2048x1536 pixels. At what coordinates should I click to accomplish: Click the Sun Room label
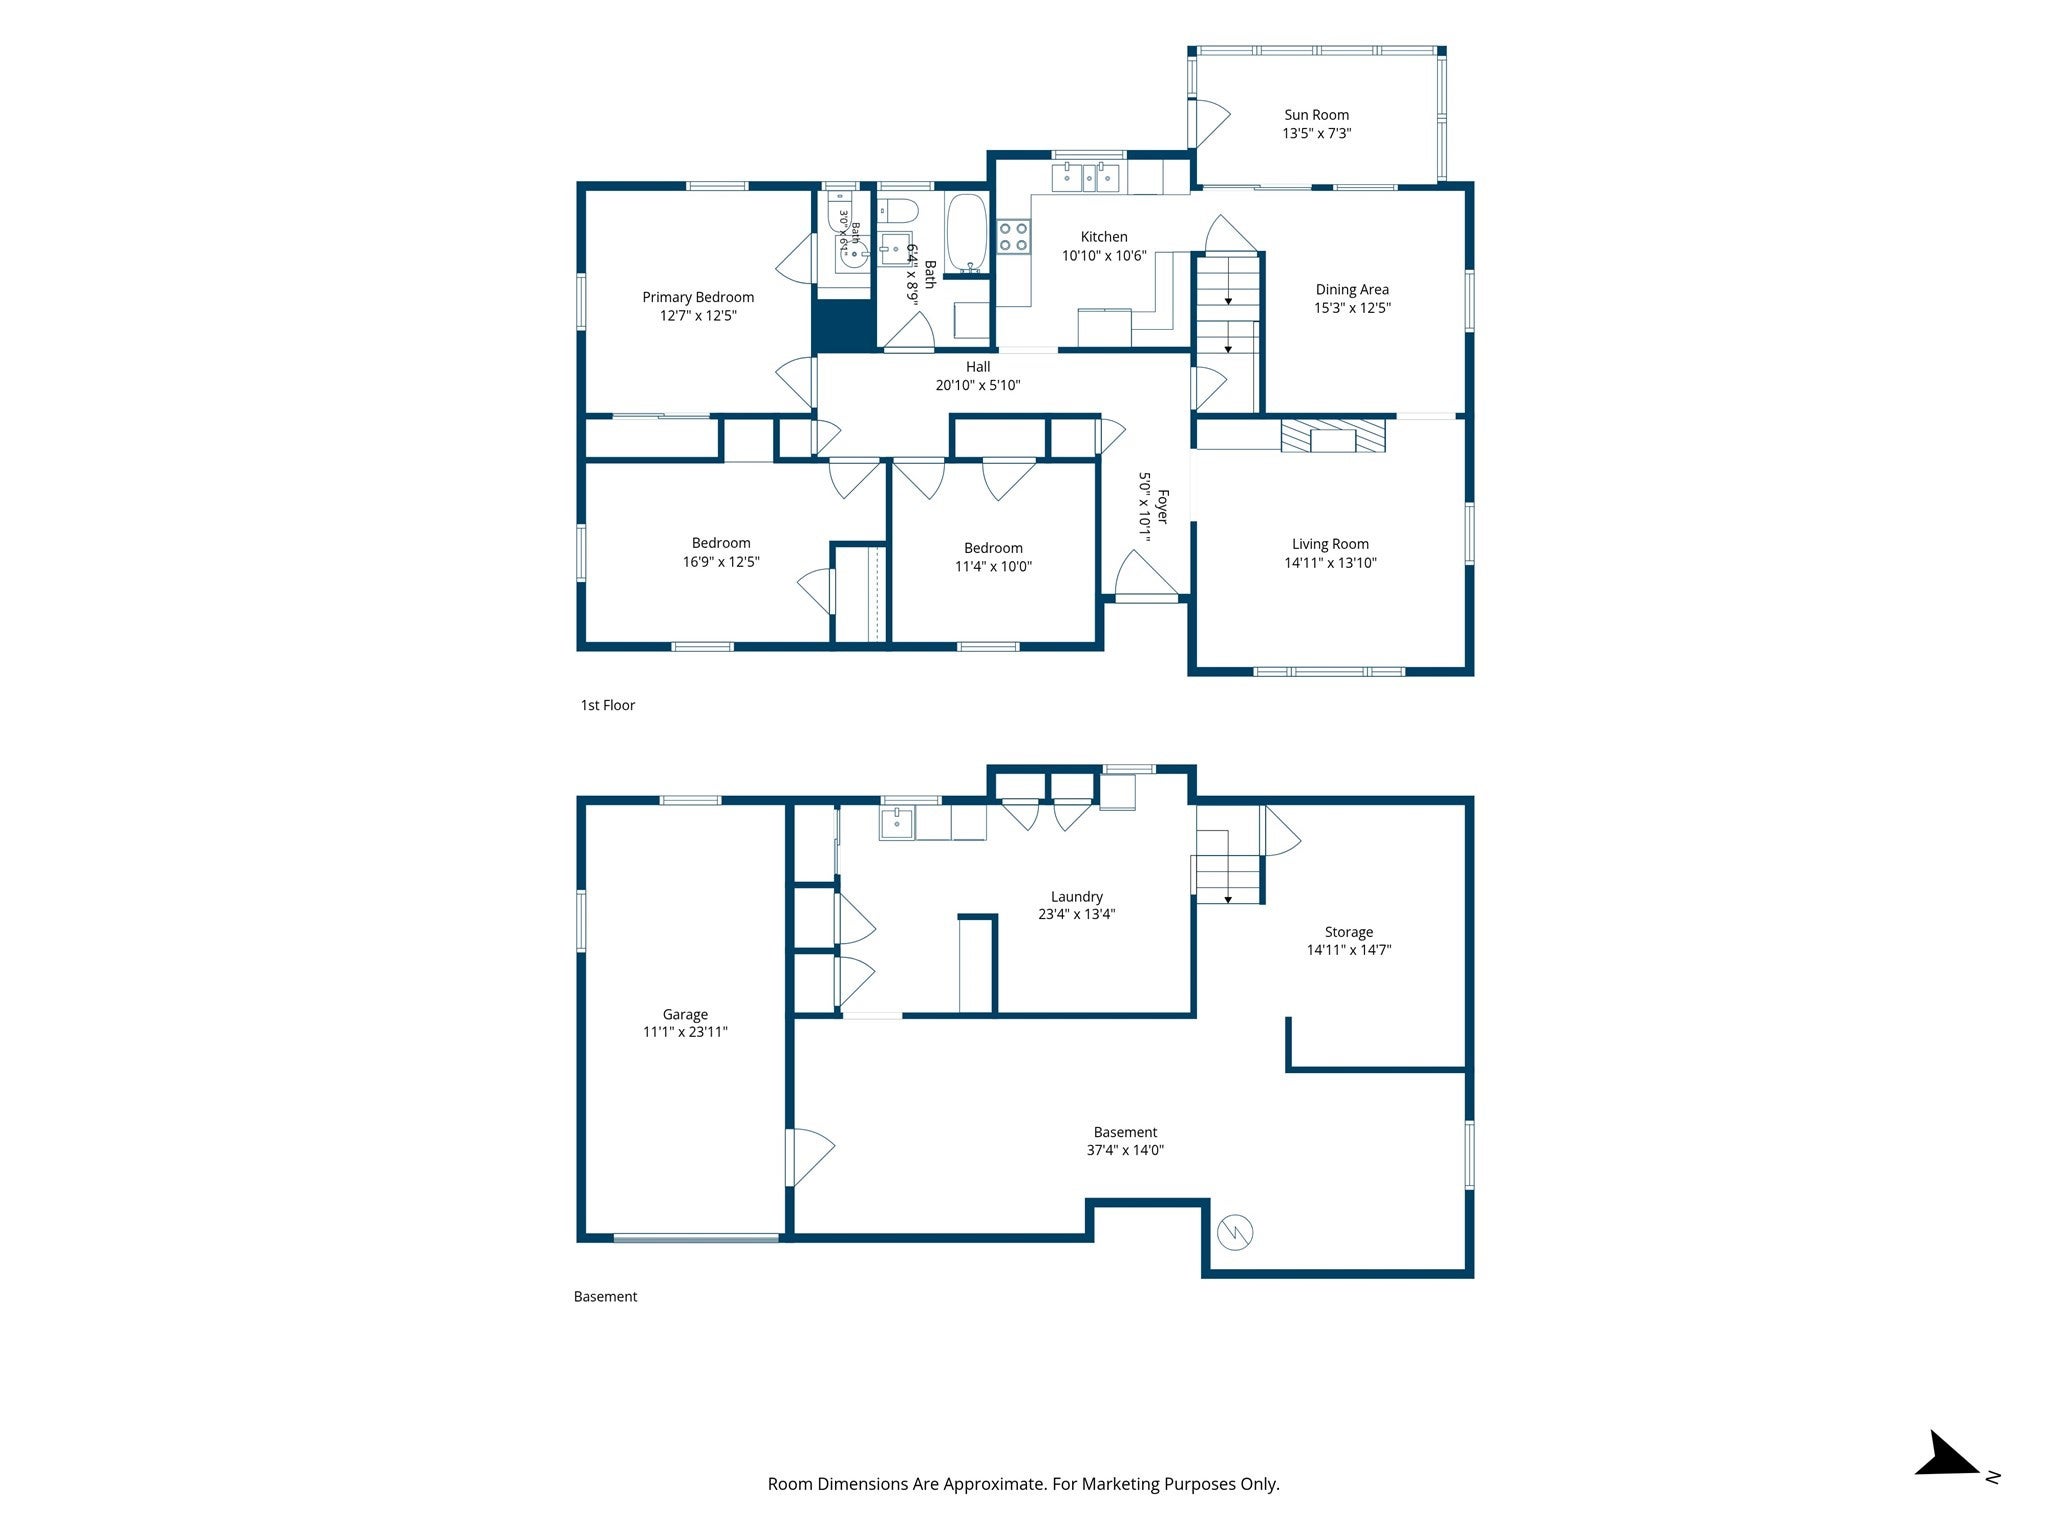1316,115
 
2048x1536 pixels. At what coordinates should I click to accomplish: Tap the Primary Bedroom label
698,297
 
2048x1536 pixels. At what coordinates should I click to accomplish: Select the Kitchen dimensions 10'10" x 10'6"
1104,255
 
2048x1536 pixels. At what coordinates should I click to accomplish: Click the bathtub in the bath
967,233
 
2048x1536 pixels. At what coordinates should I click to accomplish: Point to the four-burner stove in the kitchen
1013,236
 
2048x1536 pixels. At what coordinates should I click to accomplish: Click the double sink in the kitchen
1085,177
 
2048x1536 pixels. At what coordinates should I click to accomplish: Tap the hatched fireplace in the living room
1333,436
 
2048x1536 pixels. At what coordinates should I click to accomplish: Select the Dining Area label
1352,290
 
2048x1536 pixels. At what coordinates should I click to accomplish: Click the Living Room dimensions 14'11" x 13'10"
1330,563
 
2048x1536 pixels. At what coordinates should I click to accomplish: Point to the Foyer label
1162,506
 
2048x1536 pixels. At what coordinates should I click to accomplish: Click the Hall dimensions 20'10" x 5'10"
978,385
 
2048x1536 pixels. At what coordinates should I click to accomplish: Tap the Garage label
685,1014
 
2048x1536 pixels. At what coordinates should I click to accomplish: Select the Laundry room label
1077,897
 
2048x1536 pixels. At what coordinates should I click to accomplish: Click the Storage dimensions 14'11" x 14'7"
1349,950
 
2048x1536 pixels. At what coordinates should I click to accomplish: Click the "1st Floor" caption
608,705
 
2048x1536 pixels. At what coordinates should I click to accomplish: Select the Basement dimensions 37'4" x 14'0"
1125,1150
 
